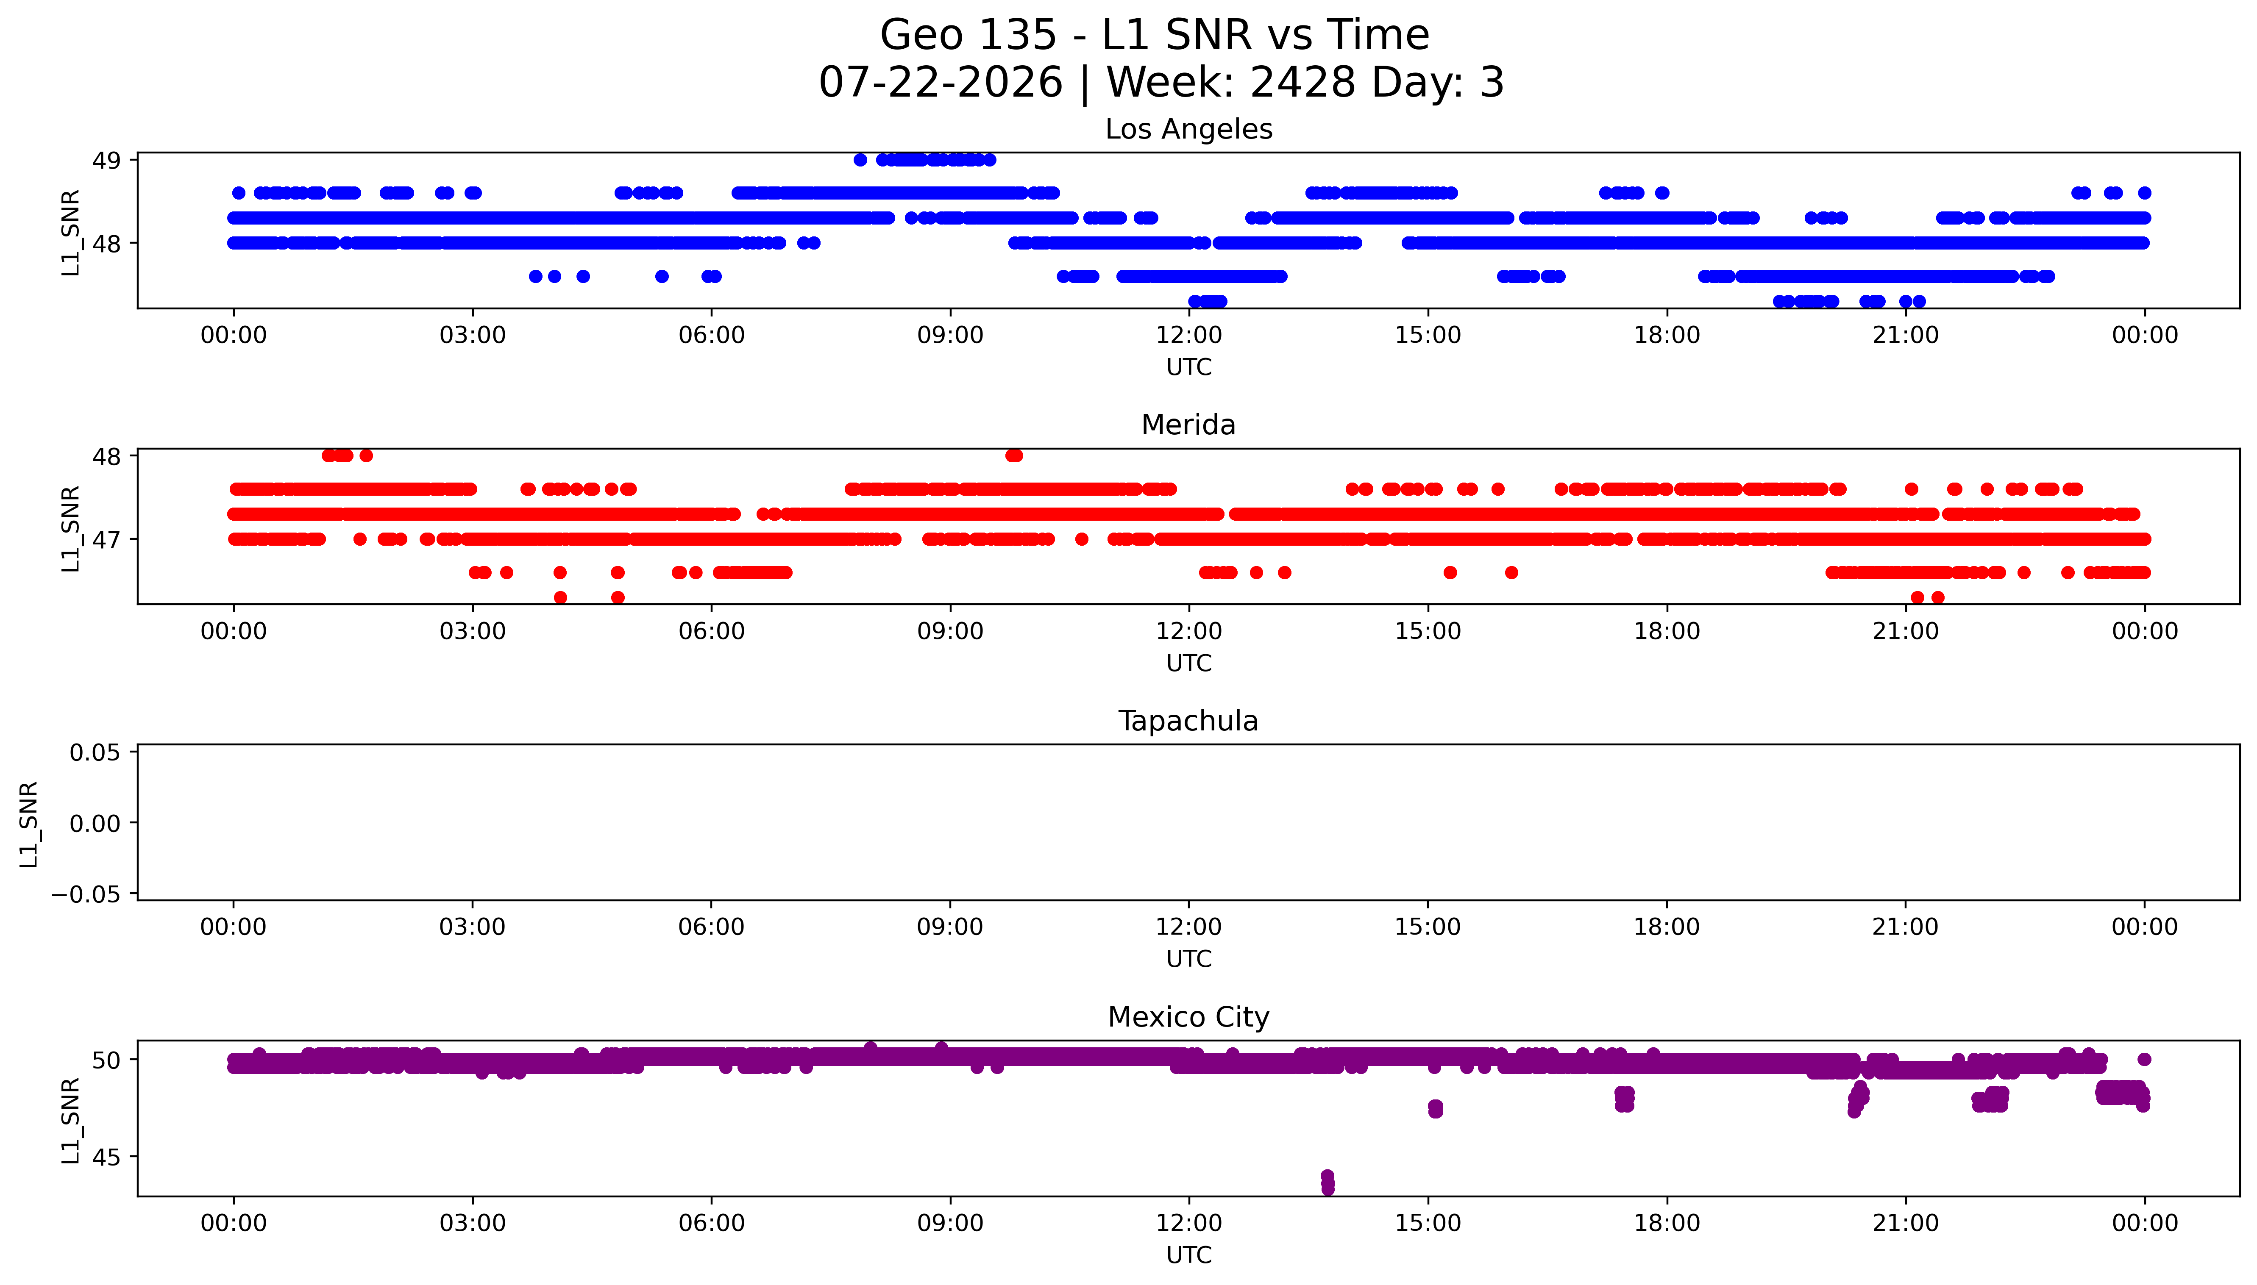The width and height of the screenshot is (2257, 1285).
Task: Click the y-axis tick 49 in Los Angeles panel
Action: (107, 161)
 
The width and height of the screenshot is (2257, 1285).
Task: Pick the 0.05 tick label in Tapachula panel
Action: (95, 753)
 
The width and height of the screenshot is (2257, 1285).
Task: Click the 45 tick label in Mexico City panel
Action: (107, 1157)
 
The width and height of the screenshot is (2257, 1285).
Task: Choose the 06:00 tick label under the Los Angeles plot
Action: (712, 336)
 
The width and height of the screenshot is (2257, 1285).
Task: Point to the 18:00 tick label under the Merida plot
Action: (1667, 631)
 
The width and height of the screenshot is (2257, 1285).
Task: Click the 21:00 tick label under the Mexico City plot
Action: (1906, 1223)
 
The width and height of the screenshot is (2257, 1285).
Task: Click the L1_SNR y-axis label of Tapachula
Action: (29, 824)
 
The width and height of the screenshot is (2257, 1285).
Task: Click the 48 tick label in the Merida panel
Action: (107, 456)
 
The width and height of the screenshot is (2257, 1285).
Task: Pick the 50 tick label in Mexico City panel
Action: (107, 1060)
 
